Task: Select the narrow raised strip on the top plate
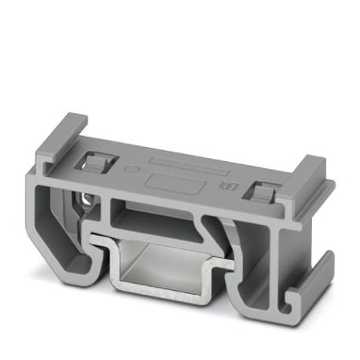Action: (x=180, y=167)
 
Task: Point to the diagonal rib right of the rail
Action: (x=214, y=236)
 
